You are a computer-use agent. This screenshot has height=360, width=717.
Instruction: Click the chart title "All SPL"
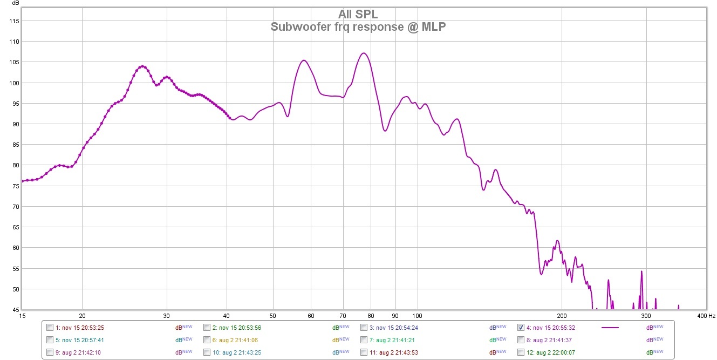pos(358,15)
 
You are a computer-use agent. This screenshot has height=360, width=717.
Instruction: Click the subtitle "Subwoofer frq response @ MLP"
pos(358,26)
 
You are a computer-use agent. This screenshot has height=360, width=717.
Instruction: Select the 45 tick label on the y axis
pos(15,310)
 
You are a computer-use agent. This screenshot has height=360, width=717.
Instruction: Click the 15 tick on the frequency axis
pos(22,315)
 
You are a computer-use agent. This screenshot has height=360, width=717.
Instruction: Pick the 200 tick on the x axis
pos(562,315)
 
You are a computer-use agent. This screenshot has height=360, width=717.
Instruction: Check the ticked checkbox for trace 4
pos(521,327)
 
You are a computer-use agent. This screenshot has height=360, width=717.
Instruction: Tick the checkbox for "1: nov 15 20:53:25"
pos(50,327)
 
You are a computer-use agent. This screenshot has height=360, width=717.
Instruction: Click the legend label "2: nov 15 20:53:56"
pos(237,328)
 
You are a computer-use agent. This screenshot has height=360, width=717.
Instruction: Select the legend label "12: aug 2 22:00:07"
pos(552,352)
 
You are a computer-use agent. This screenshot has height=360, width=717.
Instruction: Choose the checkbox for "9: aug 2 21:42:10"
pos(50,352)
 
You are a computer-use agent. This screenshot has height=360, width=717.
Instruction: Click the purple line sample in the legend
pos(610,328)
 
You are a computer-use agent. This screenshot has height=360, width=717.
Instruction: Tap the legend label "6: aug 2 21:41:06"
pos(235,340)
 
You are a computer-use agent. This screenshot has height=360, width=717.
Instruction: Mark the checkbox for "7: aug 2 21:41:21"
pos(364,340)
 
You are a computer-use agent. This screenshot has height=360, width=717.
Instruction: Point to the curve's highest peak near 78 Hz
pos(364,53)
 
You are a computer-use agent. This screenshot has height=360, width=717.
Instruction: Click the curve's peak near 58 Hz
pos(304,60)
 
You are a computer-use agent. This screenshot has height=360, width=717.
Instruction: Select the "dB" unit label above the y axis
pos(16,4)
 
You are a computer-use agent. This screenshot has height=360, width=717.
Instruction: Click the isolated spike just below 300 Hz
pos(641,271)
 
